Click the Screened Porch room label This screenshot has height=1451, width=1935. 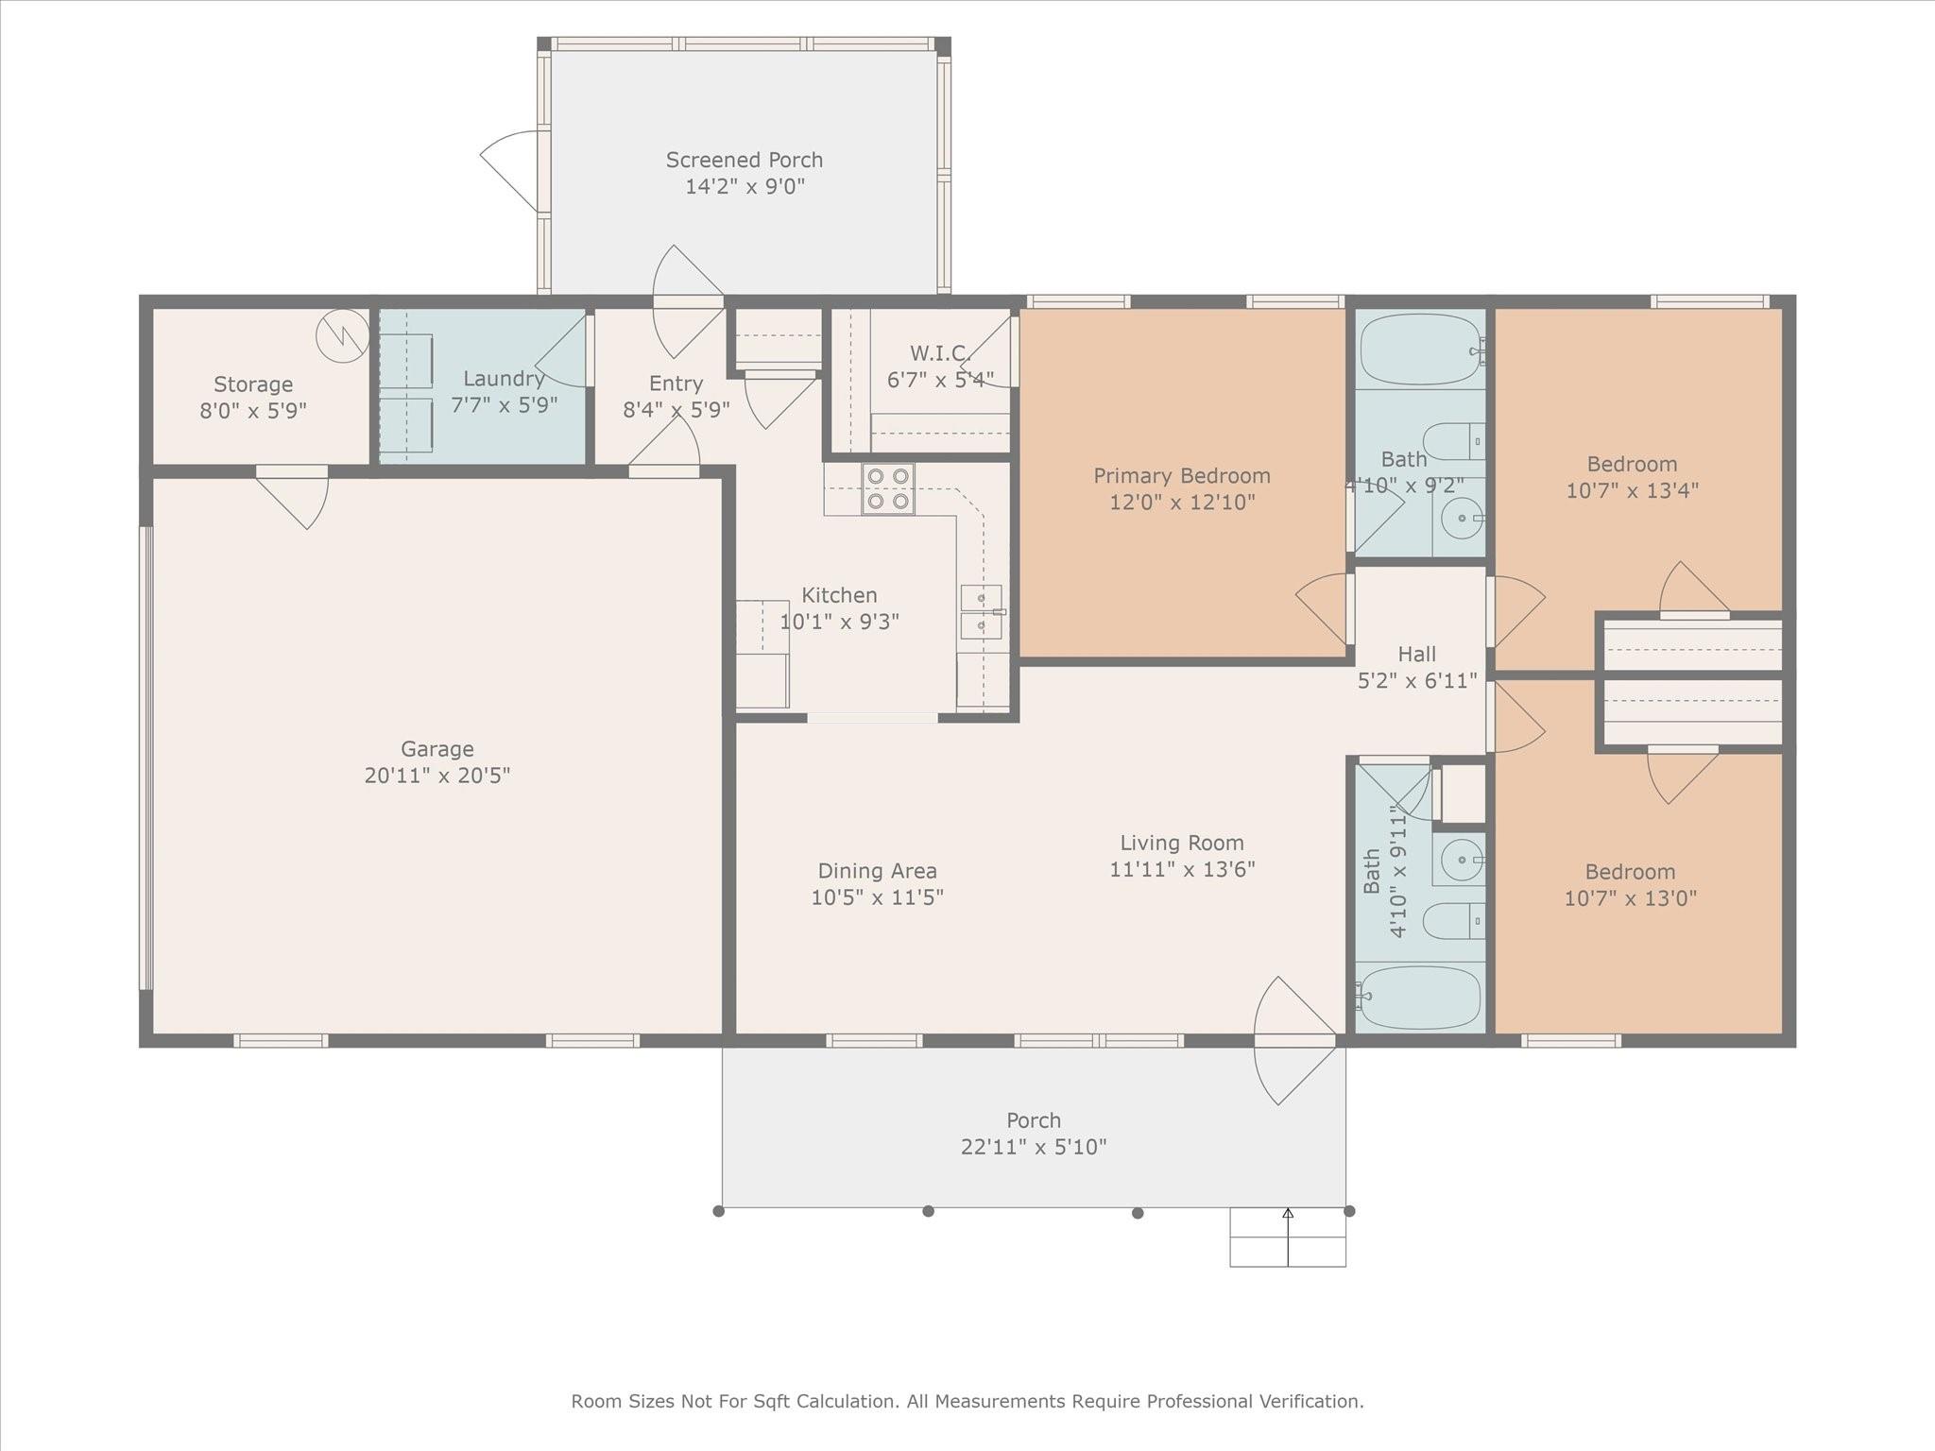pos(744,160)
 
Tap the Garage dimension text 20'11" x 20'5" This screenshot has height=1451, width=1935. pos(437,776)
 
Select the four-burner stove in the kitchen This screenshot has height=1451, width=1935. pos(887,489)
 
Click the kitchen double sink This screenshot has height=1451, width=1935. pos(982,612)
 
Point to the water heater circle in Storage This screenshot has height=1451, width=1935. pos(342,335)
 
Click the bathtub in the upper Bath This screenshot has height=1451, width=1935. pos(1419,350)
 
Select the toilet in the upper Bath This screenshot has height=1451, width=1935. pos(1452,441)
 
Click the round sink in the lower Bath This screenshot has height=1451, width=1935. pos(1462,860)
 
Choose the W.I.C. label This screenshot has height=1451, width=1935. pos(939,353)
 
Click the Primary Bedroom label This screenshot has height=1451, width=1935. pos(1181,475)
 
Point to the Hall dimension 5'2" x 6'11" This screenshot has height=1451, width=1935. pos(1416,680)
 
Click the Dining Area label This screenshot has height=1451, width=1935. pos(877,871)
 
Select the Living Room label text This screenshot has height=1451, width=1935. pos(1181,843)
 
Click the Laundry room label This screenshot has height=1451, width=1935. pos(504,379)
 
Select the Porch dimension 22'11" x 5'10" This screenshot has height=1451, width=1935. pos(1033,1147)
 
